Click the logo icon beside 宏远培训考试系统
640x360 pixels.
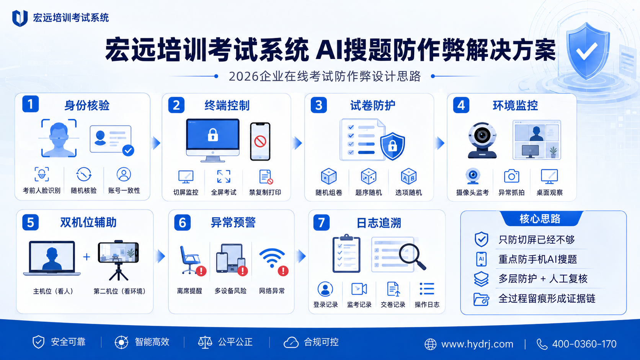click(x=20, y=18)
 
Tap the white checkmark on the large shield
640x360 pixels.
click(x=586, y=51)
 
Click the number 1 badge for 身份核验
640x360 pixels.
click(x=31, y=104)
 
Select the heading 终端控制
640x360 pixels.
click(x=227, y=105)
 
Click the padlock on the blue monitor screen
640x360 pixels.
click(x=213, y=135)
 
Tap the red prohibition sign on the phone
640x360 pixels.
click(x=260, y=141)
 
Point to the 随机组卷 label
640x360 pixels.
click(x=329, y=193)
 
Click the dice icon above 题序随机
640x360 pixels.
click(x=369, y=176)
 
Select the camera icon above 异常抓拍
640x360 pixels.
click(x=511, y=176)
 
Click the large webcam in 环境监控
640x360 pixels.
click(x=482, y=140)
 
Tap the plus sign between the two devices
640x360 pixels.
click(x=87, y=257)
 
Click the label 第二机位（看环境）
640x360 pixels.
click(x=119, y=291)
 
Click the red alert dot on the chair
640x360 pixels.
click(x=201, y=271)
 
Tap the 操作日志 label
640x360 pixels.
click(x=427, y=305)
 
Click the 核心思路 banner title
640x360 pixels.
click(x=540, y=219)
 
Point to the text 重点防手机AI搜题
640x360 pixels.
click(x=538, y=259)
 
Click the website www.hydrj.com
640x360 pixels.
click(x=477, y=344)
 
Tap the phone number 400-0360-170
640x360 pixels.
click(x=584, y=344)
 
